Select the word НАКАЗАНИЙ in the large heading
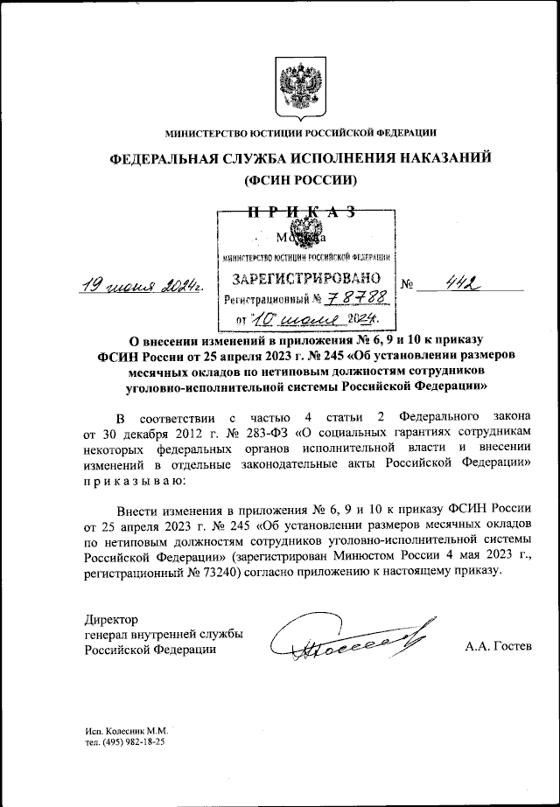pos(426,157)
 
